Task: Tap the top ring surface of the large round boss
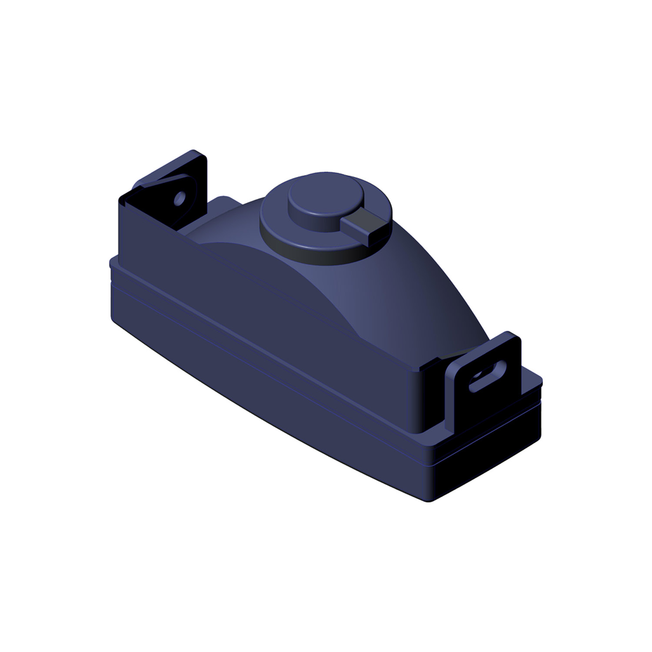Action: pyautogui.click(x=278, y=226)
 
